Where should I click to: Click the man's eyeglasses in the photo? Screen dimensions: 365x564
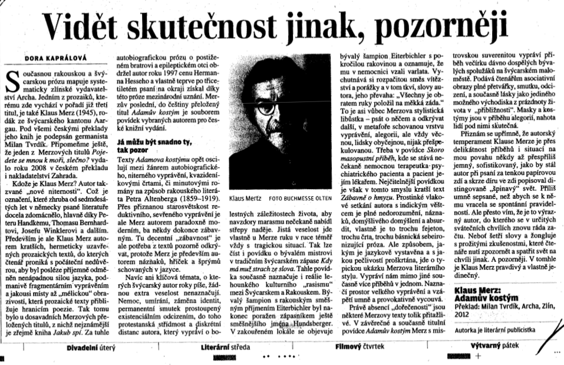[x=283, y=104]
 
